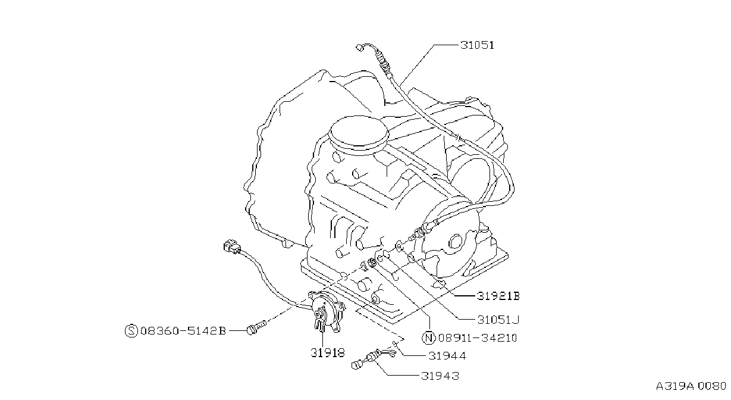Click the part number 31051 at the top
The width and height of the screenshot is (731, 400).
(x=477, y=45)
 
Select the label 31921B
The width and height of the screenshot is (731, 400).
(x=498, y=296)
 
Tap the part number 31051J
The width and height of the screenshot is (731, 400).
(x=498, y=320)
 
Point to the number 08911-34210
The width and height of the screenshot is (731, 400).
(x=478, y=337)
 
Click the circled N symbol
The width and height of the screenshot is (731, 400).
(x=429, y=337)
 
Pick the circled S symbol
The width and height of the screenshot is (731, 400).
(x=131, y=331)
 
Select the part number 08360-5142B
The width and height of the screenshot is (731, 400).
(x=183, y=331)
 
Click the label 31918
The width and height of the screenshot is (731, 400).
(x=327, y=352)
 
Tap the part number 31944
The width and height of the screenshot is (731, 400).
(x=447, y=355)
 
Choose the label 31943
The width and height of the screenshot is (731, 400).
(x=440, y=376)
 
